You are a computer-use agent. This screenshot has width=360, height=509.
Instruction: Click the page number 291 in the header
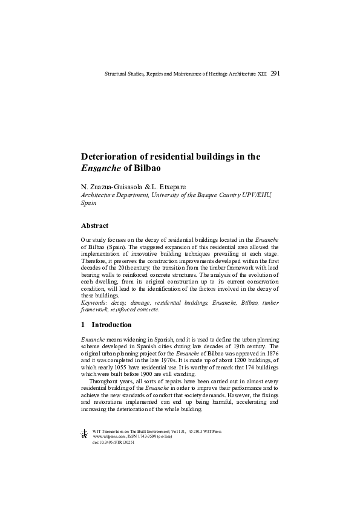[275, 73]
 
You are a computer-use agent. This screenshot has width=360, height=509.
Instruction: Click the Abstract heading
[94, 226]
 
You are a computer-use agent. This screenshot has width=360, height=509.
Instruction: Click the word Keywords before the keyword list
[94, 303]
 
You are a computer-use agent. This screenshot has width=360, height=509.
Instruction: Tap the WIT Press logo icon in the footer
[84, 433]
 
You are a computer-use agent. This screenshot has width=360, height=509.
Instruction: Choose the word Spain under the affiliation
[88, 204]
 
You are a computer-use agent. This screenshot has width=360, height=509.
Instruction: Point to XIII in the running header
[261, 74]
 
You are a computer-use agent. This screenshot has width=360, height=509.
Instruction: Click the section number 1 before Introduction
[83, 325]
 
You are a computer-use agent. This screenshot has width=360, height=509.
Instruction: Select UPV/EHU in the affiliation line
[258, 195]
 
